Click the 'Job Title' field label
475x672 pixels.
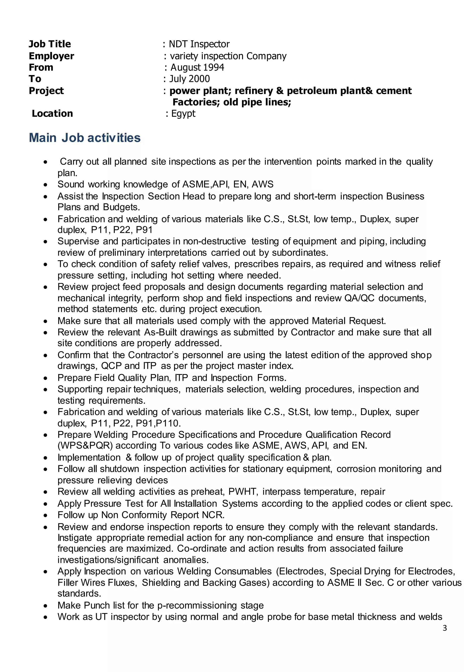click(x=50, y=44)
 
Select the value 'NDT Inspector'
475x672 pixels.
click(x=199, y=44)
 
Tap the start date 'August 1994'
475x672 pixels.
click(x=197, y=67)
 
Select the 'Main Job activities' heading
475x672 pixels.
click(x=84, y=138)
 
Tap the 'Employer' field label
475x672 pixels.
click(x=51, y=56)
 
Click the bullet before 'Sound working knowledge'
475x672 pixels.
click(x=45, y=185)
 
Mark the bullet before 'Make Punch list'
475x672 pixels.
click(x=45, y=606)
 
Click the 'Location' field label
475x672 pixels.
click(x=52, y=113)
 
